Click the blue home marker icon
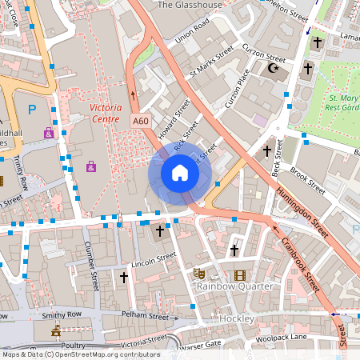pos(180,173)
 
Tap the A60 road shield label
pos(141,121)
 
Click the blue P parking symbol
pos(32,110)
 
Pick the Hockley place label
pos(236,319)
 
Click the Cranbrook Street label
pos(297,258)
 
